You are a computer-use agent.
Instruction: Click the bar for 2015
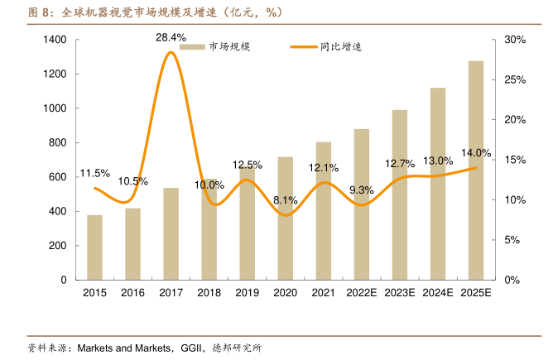point(95,247)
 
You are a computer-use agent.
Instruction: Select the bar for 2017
point(171,234)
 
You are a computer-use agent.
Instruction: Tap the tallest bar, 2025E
point(476,170)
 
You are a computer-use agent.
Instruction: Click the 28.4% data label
point(171,37)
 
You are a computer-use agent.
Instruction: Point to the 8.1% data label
point(285,200)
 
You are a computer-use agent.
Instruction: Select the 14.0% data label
point(476,153)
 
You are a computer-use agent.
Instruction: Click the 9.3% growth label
point(362,190)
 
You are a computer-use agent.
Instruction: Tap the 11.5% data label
point(95,173)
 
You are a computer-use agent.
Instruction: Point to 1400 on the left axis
point(54,40)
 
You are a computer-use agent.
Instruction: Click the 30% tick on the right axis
point(515,40)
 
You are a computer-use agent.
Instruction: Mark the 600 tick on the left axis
point(57,177)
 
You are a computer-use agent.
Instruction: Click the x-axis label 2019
point(247,293)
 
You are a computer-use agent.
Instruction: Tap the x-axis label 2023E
point(400,293)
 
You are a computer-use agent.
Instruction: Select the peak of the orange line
point(171,52)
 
